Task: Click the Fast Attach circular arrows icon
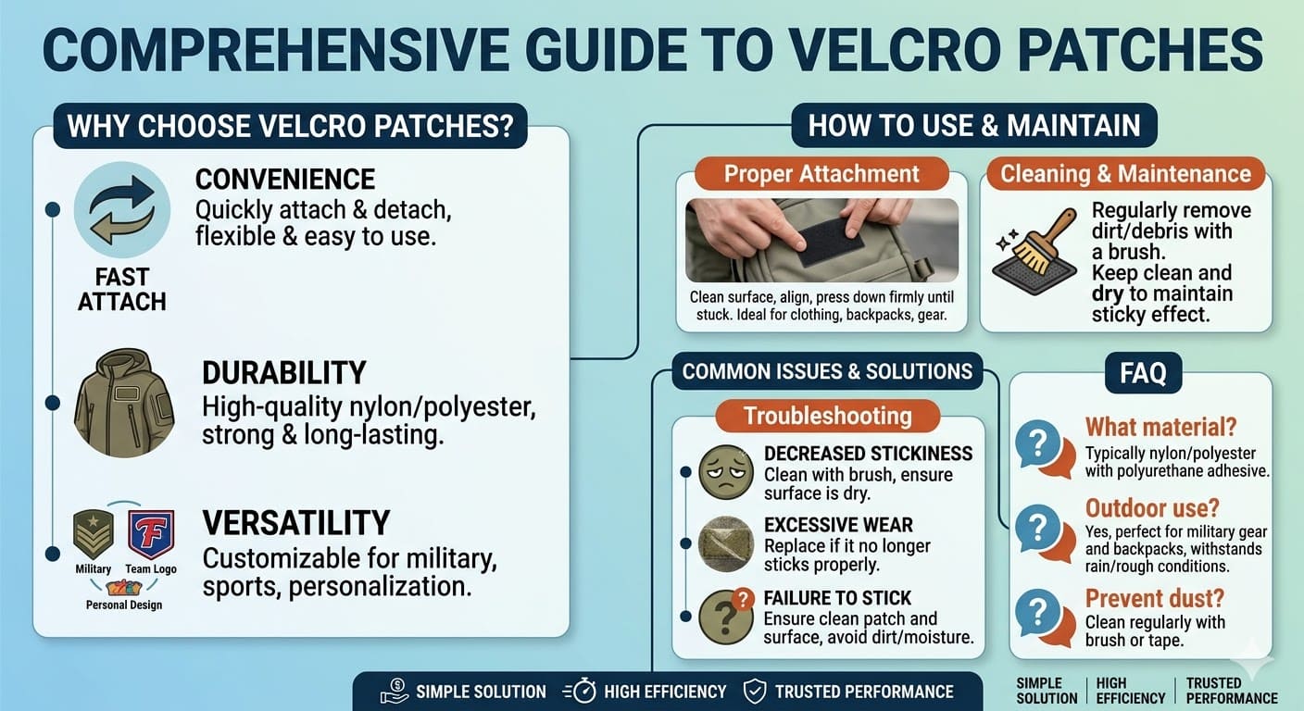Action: pyautogui.click(x=121, y=208)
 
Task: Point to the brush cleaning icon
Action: pyautogui.click(x=1034, y=251)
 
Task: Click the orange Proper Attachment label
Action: pyautogui.click(x=821, y=174)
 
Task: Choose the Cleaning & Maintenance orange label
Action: pyautogui.click(x=1125, y=174)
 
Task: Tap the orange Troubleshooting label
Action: pyautogui.click(x=827, y=416)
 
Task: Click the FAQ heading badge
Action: pyautogui.click(x=1142, y=374)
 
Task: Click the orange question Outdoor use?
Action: pyautogui.click(x=1152, y=508)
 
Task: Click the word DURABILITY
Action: pyautogui.click(x=283, y=373)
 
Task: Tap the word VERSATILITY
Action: pyautogui.click(x=295, y=523)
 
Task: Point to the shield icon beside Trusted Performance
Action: pyautogui.click(x=755, y=692)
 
